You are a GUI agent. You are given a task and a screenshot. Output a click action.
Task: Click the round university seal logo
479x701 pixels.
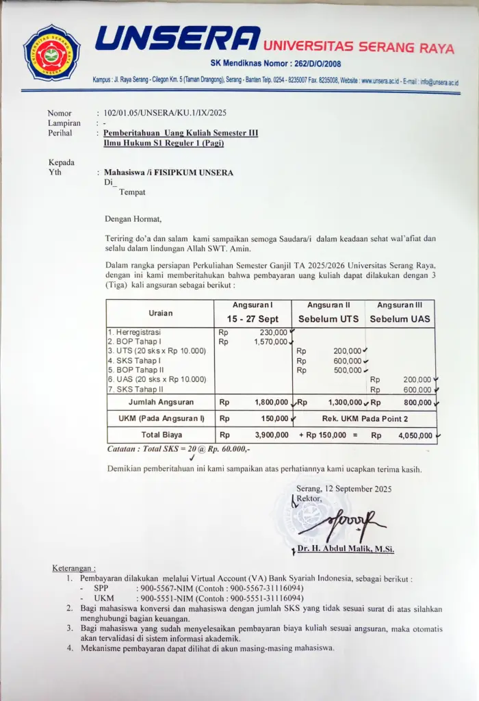(x=52, y=53)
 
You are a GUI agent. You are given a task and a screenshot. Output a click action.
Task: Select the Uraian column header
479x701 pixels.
(x=161, y=313)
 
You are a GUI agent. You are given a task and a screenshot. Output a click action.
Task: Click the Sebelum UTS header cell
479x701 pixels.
(x=328, y=319)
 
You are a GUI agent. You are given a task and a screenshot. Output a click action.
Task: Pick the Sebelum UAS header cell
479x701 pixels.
(x=400, y=319)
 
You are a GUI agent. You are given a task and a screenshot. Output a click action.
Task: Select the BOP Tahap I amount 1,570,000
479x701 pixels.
(x=270, y=341)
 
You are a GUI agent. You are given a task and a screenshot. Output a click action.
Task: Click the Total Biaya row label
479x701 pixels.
(x=160, y=435)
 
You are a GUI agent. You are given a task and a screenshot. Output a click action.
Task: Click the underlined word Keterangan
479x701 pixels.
(x=75, y=568)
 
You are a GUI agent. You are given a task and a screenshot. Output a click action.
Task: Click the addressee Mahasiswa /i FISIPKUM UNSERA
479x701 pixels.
(x=168, y=173)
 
